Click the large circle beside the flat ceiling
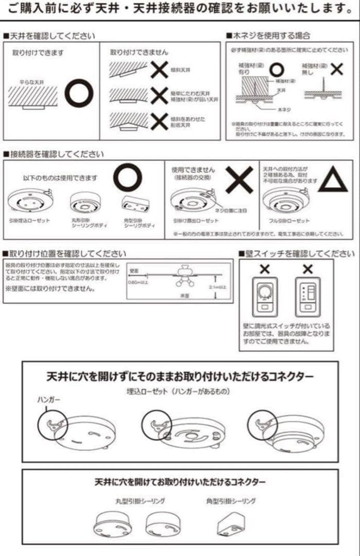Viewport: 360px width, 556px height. coord(79,93)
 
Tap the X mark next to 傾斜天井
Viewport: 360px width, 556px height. coord(159,69)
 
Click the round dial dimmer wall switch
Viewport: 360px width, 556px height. coord(264,297)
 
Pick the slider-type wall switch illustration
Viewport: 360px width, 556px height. coord(307,297)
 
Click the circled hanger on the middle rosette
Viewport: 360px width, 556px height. coord(156,426)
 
